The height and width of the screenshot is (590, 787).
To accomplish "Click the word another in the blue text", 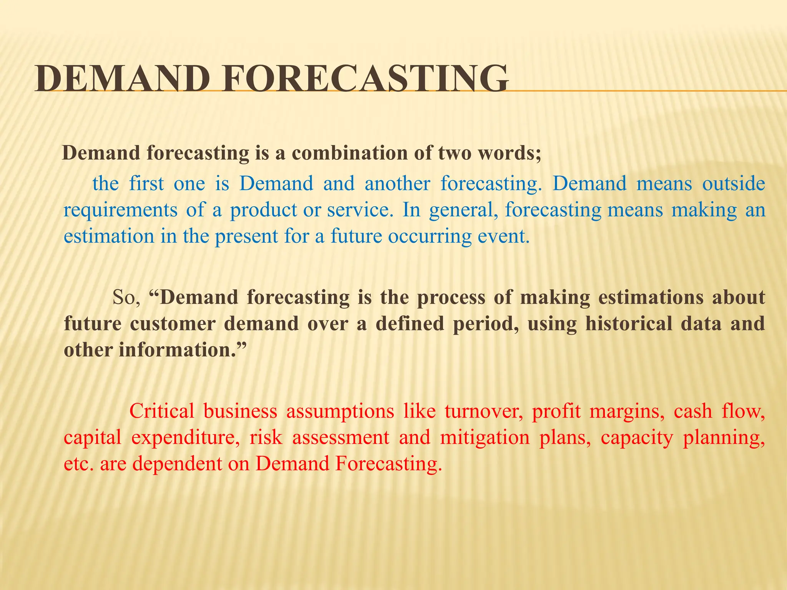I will (397, 183).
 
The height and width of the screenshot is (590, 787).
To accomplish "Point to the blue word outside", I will (734, 183).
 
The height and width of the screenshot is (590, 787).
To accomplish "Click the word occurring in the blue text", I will (430, 236).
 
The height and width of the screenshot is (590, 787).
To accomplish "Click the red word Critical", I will (162, 411).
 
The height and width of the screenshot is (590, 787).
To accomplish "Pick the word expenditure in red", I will (186, 438).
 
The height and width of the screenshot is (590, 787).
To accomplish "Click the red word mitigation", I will (485, 438).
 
